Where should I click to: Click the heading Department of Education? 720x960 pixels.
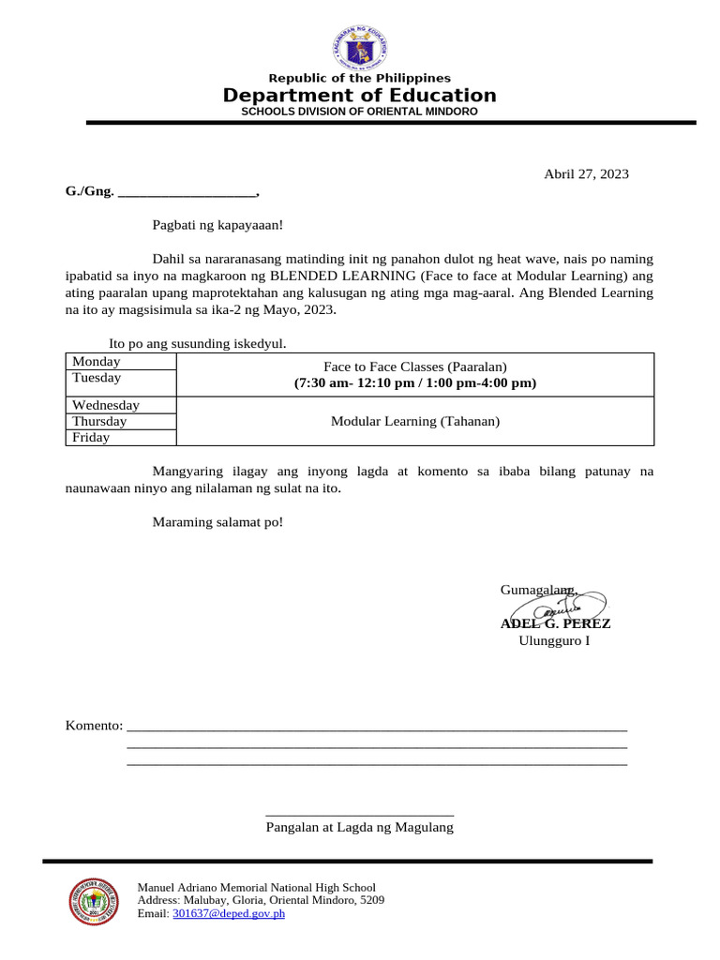point(360,96)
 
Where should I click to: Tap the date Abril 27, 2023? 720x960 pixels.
point(587,173)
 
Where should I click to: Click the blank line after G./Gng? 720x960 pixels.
point(187,192)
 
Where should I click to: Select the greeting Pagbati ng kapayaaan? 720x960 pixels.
point(217,225)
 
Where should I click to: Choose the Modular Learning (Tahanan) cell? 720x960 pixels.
point(415,421)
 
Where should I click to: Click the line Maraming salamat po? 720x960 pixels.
point(217,521)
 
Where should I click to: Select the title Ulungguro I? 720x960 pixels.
point(554,640)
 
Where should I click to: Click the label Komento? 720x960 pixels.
point(94,726)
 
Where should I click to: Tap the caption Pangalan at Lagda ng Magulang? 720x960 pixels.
point(360,827)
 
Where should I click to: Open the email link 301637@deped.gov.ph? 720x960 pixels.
point(228,913)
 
